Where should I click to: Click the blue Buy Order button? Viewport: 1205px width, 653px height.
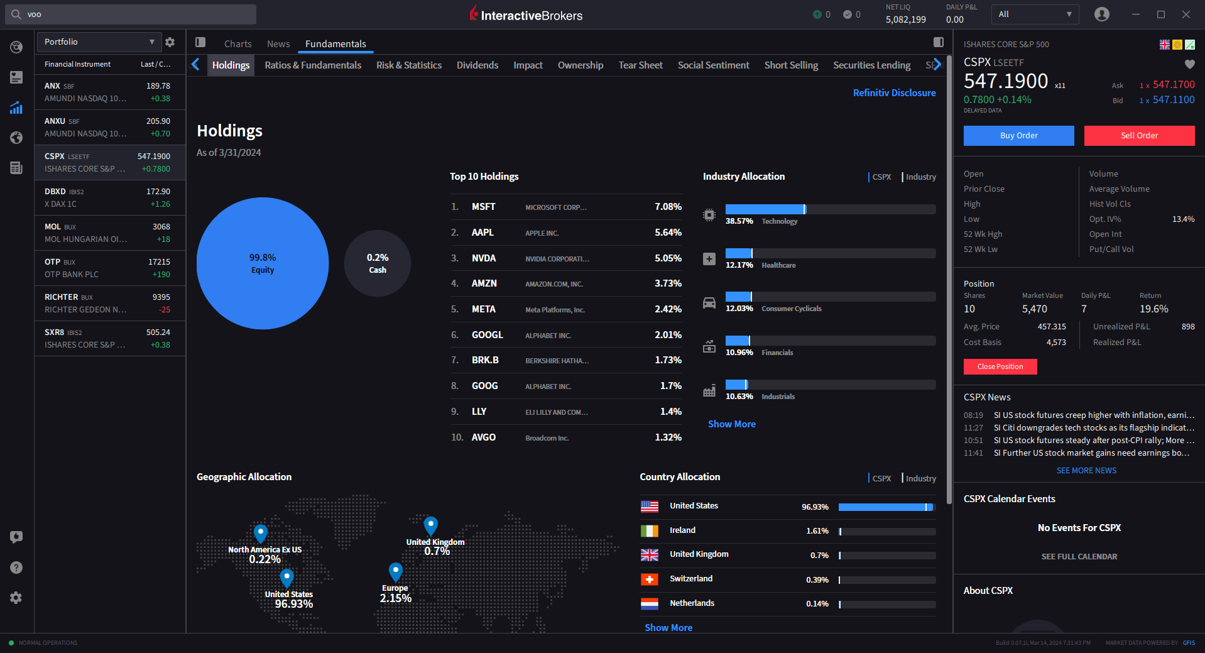pyautogui.click(x=1018, y=136)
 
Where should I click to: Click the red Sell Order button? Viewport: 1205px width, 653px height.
pyautogui.click(x=1139, y=136)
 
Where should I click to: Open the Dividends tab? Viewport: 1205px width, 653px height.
pyautogui.click(x=477, y=65)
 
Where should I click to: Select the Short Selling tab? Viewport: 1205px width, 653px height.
pyautogui.click(x=790, y=65)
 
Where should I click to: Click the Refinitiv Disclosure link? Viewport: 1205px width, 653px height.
pyautogui.click(x=893, y=93)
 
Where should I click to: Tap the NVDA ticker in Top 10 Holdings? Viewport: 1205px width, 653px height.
pyautogui.click(x=483, y=258)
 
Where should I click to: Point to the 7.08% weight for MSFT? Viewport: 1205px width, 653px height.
pyautogui.click(x=667, y=207)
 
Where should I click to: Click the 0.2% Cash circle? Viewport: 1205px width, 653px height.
pyautogui.click(x=377, y=263)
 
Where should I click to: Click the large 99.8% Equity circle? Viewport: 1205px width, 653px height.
pyautogui.click(x=262, y=263)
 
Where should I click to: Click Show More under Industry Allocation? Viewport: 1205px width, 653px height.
pyautogui.click(x=731, y=424)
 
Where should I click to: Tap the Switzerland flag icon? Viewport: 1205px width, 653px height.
pyautogui.click(x=649, y=579)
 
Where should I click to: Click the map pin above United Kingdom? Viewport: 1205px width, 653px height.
pyautogui.click(x=430, y=525)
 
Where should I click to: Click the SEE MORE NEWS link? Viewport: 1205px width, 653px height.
pyautogui.click(x=1086, y=471)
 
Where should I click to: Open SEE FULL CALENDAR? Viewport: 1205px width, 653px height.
pyautogui.click(x=1079, y=557)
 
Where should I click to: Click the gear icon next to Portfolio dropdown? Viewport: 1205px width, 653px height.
pyautogui.click(x=170, y=42)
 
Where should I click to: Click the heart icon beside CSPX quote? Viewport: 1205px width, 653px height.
pyautogui.click(x=1189, y=64)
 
